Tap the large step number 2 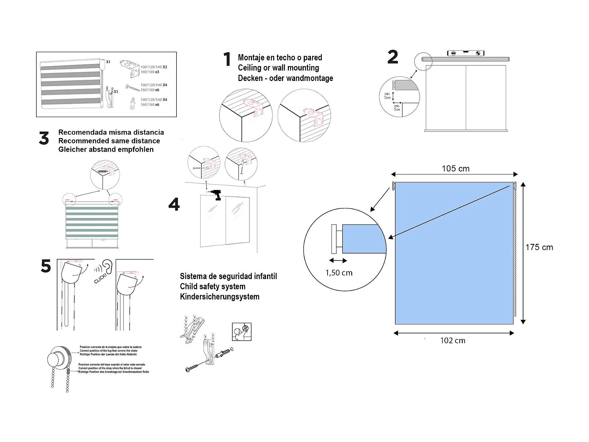pyautogui.click(x=393, y=57)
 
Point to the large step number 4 pyautogui.click(x=174, y=204)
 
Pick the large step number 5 pyautogui.click(x=46, y=266)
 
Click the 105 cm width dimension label pyautogui.click(x=455, y=169)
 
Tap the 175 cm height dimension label pyautogui.click(x=539, y=247)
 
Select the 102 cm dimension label pyautogui.click(x=453, y=340)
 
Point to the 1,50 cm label pyautogui.click(x=339, y=273)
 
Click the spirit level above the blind pyautogui.click(x=466, y=53)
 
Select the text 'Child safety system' pyautogui.click(x=213, y=286)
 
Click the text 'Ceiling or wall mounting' pyautogui.click(x=278, y=68)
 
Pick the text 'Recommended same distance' pyautogui.click(x=109, y=141)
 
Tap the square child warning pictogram pyautogui.click(x=241, y=332)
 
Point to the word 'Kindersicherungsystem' pyautogui.click(x=219, y=297)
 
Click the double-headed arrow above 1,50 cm pyautogui.click(x=338, y=261)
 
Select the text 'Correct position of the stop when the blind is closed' pyautogui.click(x=110, y=368)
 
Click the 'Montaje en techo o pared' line pyautogui.click(x=280, y=58)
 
